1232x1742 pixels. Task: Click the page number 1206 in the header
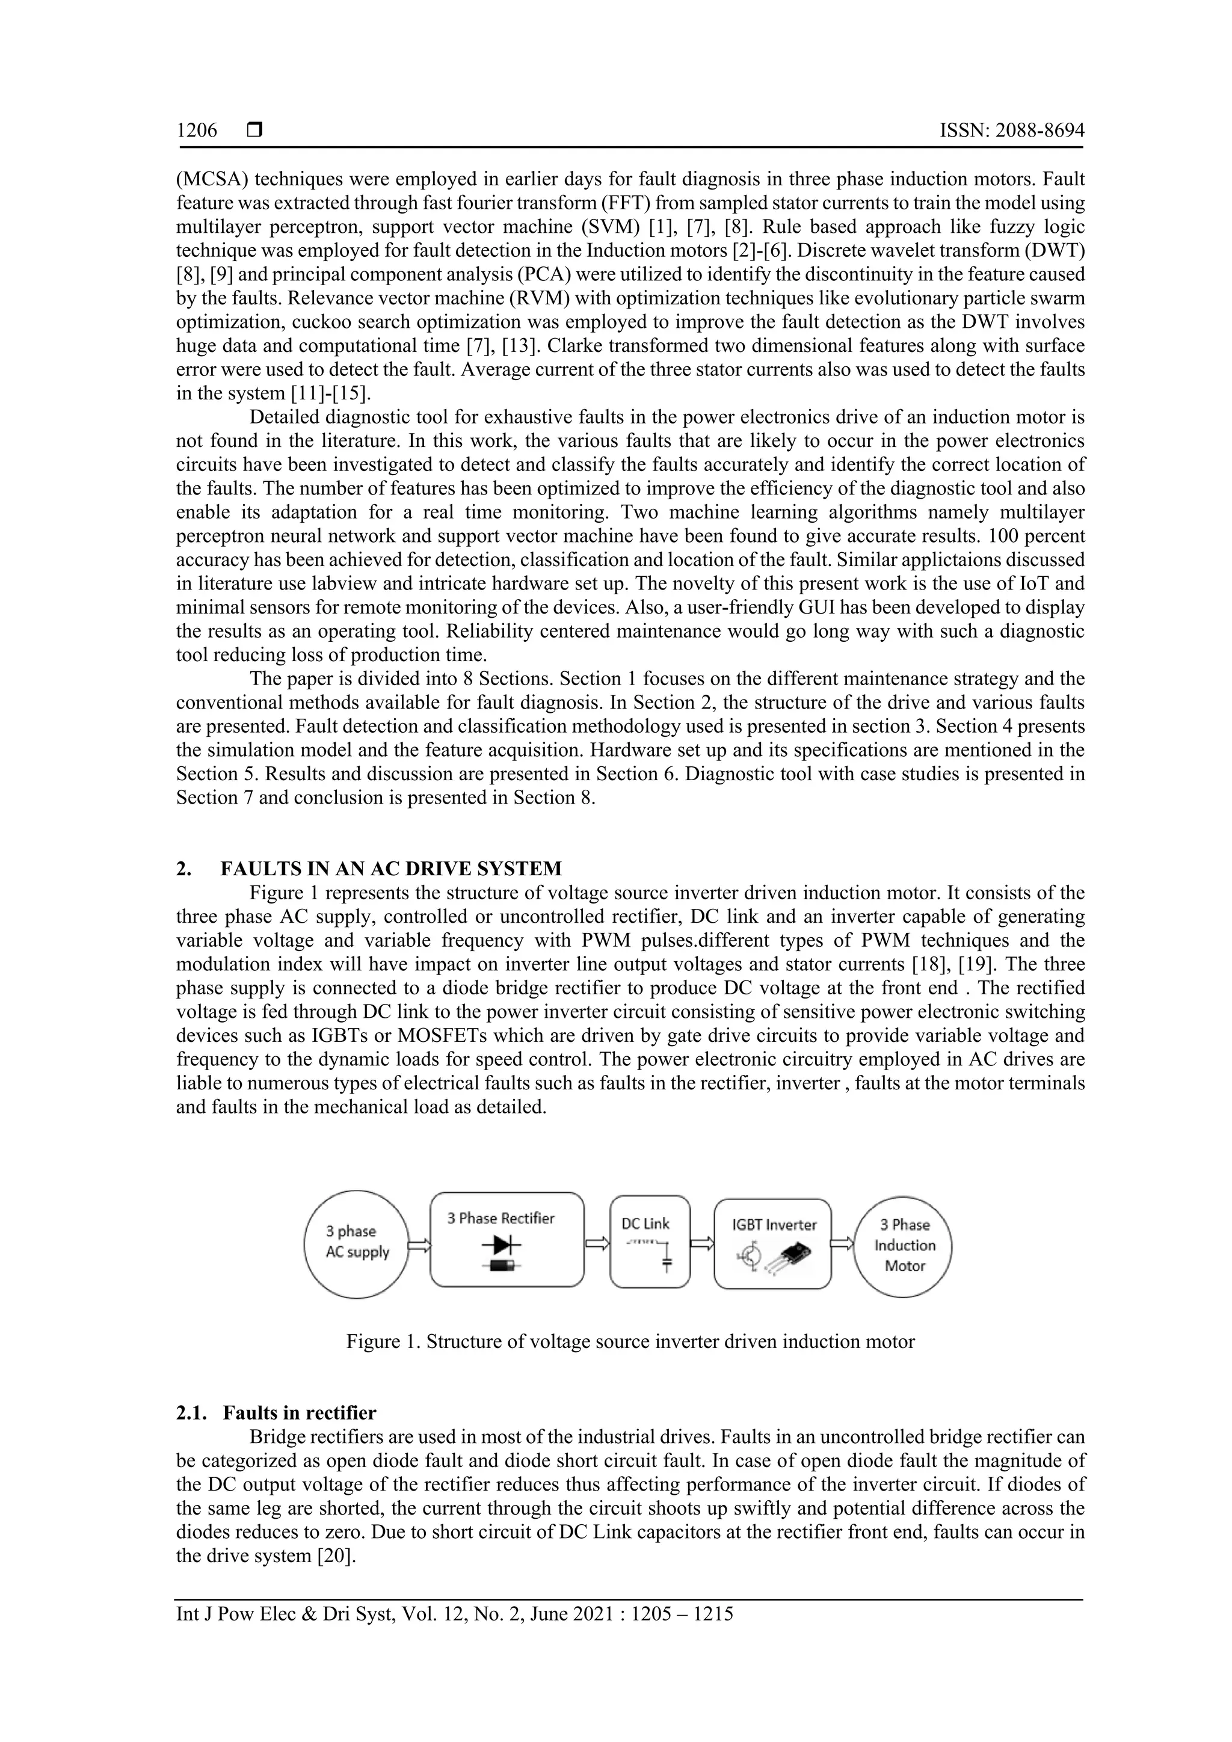[197, 131]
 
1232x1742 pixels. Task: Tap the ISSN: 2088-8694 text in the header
[1011, 131]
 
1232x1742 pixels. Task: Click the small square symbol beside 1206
[254, 131]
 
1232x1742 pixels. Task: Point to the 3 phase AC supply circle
[357, 1245]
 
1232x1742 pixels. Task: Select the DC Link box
[650, 1242]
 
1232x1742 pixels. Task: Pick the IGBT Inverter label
[774, 1225]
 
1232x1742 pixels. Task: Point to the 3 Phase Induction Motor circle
[903, 1245]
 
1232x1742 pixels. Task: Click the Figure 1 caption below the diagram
[630, 1341]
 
